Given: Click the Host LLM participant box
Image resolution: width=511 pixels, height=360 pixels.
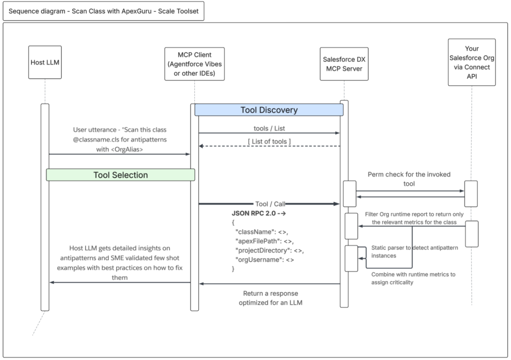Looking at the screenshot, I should click(44, 63).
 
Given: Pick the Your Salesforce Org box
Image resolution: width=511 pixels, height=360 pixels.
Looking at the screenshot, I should click(471, 62).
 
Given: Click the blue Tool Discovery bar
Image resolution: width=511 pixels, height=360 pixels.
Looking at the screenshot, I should click(269, 110).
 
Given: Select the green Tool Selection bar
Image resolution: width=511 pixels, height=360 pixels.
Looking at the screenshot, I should click(121, 175).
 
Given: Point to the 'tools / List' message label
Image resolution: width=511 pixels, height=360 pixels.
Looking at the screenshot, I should click(269, 128).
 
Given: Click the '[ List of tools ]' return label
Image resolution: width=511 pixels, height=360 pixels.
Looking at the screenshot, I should click(269, 141).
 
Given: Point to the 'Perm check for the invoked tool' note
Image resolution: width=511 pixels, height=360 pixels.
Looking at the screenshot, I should click(409, 179).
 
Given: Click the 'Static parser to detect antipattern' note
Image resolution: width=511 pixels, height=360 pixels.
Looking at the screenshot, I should click(414, 251).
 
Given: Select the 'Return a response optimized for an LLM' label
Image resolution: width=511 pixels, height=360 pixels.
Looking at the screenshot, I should click(270, 298).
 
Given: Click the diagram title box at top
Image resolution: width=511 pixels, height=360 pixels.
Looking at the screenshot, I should click(103, 11).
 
